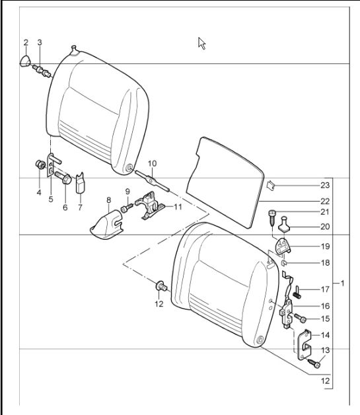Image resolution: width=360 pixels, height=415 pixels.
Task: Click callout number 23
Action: coord(325,185)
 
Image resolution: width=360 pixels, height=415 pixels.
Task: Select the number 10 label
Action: coord(152,164)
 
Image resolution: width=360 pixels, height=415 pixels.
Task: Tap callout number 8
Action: coord(109,200)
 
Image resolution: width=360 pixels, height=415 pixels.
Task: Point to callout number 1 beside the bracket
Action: coord(343,283)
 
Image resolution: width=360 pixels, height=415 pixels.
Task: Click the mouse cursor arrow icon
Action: coord(202,44)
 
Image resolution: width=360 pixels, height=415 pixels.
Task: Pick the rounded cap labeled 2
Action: coord(25,61)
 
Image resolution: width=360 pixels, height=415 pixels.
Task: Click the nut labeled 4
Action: coord(40,165)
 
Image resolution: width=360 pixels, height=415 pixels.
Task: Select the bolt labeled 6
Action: coord(63,178)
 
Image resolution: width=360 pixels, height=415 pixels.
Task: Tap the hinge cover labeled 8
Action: coord(106,225)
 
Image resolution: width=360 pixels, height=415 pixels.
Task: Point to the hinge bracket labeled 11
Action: coord(150,206)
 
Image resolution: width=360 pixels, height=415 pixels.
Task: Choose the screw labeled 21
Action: coord(272,218)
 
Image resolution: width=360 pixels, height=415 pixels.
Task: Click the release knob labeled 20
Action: coord(284,224)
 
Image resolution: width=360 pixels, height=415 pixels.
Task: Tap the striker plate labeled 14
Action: coord(305,345)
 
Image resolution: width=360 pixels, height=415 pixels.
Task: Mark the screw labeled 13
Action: coord(314,363)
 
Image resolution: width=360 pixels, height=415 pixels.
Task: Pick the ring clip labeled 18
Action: coord(283,263)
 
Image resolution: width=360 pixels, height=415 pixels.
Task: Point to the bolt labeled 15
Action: coord(300,318)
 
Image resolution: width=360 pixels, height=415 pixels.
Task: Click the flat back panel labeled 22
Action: coord(225,182)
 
